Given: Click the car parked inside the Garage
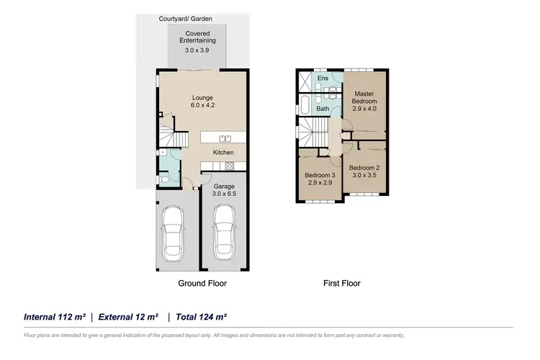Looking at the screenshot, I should pos(225,232).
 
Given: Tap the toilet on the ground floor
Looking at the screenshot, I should pos(165,178).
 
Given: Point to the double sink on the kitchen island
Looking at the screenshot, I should pos(224,138).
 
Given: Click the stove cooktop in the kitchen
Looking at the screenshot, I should pos(230,166).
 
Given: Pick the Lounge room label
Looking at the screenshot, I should pos(203,98).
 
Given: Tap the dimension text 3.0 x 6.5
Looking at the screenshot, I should pos(224,194).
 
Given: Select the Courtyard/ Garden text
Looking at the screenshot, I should pos(186,19).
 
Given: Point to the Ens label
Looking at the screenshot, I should pos(323,78).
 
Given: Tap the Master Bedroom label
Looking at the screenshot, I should pos(364,96).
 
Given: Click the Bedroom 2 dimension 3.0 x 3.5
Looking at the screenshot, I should pos(364,175).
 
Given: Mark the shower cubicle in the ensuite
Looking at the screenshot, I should pos(304,79).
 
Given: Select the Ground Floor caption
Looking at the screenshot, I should pos(202,284).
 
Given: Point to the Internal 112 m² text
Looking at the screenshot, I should pos(55,317).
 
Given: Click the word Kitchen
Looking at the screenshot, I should pos(223,153).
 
